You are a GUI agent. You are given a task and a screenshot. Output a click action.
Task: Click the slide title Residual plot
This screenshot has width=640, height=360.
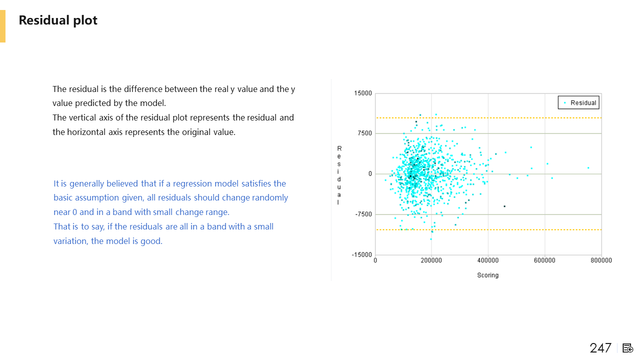click(58, 20)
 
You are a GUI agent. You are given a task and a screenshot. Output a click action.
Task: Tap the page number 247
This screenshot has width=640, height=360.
click(600, 348)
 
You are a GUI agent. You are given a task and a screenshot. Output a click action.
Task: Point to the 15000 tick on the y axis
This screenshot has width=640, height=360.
click(363, 93)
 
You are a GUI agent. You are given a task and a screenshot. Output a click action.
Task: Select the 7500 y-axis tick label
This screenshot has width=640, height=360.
click(364, 133)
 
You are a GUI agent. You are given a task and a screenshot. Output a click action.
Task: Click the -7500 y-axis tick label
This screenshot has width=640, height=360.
click(363, 214)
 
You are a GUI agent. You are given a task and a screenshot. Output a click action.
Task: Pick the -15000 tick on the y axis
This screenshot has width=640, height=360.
click(361, 254)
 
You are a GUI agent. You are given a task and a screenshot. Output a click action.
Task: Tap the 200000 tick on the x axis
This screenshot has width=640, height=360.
click(431, 260)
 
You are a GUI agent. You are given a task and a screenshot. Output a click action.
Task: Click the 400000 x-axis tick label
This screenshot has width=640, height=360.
click(488, 260)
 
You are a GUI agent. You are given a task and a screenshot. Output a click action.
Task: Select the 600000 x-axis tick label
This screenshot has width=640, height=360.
click(544, 260)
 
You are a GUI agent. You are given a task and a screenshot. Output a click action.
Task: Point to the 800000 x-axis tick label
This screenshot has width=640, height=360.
click(601, 260)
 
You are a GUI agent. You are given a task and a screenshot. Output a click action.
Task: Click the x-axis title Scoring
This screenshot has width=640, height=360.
click(487, 275)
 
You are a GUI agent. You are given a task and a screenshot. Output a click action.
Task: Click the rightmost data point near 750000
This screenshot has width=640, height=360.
click(588, 168)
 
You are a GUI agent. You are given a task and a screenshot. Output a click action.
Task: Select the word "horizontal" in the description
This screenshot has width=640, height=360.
click(86, 132)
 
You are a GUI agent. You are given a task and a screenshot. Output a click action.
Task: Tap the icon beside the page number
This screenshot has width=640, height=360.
click(627, 348)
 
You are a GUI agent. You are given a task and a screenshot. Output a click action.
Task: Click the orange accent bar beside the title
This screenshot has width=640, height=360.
click(2, 26)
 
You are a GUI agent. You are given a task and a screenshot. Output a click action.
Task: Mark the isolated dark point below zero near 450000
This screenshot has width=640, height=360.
click(504, 206)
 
